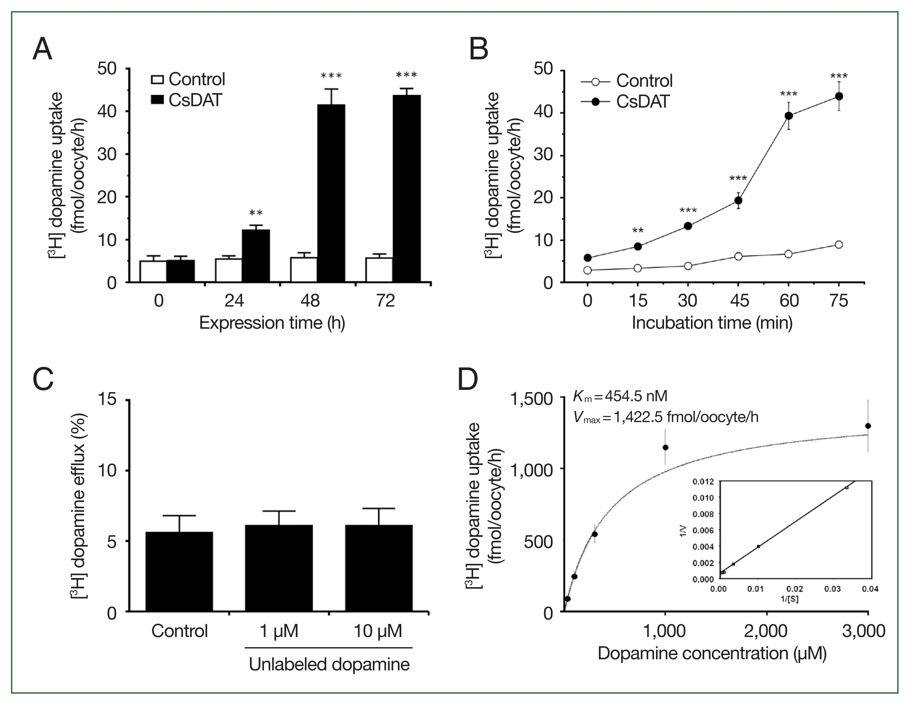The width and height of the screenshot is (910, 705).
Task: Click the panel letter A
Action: click(42, 50)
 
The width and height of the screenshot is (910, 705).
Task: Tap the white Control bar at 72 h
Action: click(379, 269)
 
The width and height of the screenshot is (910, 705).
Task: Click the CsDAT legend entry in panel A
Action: click(187, 100)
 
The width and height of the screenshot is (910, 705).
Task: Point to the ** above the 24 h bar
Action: click(256, 214)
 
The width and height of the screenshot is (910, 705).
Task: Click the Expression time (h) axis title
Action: click(272, 323)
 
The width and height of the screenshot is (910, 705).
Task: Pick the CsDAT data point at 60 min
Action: click(788, 116)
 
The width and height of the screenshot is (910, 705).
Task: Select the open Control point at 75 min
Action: click(839, 245)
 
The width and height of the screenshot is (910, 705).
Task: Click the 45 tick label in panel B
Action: click(739, 300)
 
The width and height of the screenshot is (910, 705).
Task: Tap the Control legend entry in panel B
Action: click(627, 81)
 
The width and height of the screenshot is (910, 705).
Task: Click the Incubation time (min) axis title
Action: click(712, 323)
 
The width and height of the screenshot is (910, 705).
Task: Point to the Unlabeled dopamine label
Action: click(329, 664)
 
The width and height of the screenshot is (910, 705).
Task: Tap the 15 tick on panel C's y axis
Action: click(107, 400)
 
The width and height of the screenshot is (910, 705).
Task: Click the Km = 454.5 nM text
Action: click(620, 396)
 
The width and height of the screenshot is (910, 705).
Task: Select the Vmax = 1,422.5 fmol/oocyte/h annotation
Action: click(666, 417)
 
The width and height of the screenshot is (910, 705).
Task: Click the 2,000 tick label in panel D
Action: click(766, 631)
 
